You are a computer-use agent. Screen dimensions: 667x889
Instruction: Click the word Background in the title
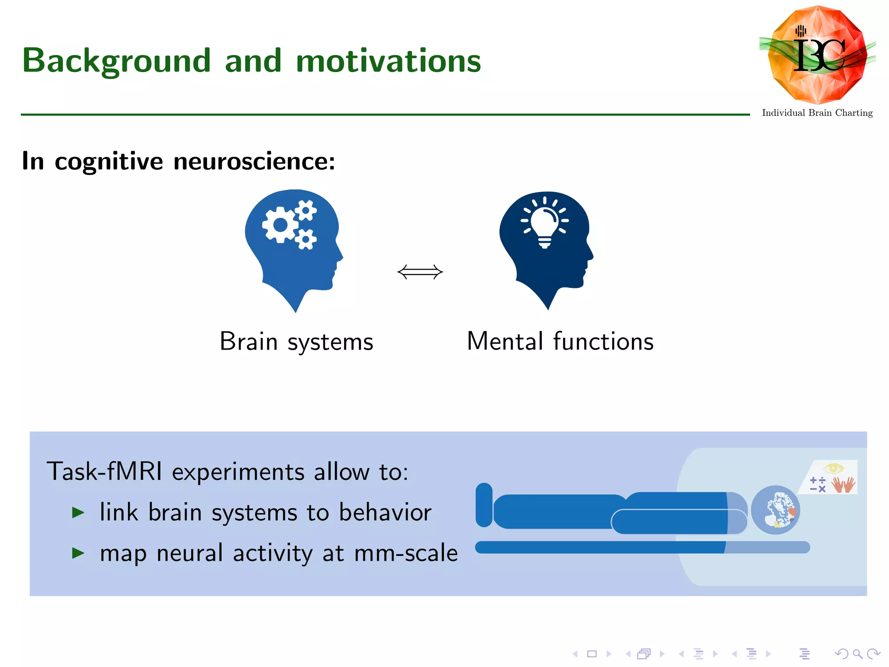pos(116,61)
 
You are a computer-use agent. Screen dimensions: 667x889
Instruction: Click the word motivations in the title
pos(388,61)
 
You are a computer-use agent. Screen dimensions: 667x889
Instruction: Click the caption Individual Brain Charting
pos(817,113)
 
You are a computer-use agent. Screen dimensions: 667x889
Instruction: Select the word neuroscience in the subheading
pos(254,162)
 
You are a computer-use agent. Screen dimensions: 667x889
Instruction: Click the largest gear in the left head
pos(280,225)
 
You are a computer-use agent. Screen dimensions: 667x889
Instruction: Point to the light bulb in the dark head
pos(545,224)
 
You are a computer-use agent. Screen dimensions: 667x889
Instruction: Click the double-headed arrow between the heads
pos(420,272)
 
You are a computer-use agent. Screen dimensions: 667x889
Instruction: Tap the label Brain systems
pos(296,342)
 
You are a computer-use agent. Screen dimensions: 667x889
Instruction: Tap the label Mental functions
pos(560,342)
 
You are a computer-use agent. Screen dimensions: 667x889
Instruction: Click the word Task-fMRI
pos(104,472)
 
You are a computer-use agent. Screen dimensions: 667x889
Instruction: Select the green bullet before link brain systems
pos(78,513)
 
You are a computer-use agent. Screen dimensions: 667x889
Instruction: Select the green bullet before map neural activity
pos(78,553)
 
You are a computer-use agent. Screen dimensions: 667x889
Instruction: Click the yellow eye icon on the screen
pos(833,469)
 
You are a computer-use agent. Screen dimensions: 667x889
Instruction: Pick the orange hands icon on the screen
pos(843,485)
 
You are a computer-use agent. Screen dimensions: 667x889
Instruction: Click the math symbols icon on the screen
pos(817,485)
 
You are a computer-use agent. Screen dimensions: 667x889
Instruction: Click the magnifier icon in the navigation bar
pos(857,654)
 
